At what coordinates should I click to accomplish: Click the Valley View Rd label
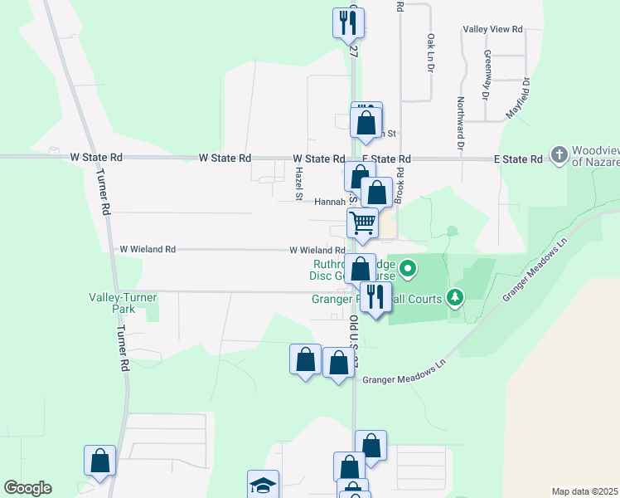(x=493, y=29)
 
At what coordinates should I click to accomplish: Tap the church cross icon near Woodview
(x=559, y=155)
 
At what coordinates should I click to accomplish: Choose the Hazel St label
(x=298, y=183)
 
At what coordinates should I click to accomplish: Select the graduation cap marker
(x=263, y=485)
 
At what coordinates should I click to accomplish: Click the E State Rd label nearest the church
(x=516, y=159)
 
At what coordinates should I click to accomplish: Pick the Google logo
(x=27, y=488)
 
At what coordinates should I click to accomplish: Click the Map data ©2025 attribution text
(x=584, y=491)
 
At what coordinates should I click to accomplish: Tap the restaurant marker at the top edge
(x=348, y=22)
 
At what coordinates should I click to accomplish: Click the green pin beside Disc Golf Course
(x=408, y=268)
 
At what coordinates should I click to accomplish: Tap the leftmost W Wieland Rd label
(x=148, y=249)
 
